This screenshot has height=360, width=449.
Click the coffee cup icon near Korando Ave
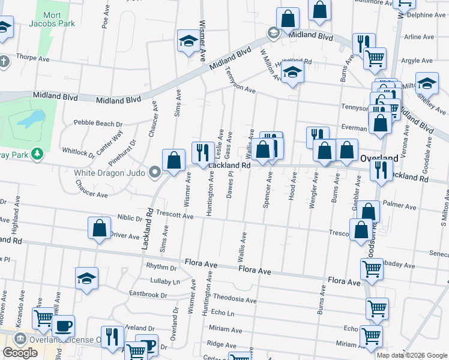[x=63, y=326]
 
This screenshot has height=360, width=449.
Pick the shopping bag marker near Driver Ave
[x=99, y=229]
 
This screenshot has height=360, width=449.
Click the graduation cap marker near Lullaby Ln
[x=87, y=278]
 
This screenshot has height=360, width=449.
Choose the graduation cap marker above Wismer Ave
[x=188, y=42]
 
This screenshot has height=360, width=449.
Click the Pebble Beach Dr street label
[x=98, y=123]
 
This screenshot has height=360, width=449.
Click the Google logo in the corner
[x=20, y=353]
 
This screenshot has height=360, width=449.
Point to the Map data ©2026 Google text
[x=412, y=355]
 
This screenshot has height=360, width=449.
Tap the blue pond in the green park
[x=31, y=119]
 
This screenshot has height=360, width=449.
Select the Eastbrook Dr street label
[x=148, y=294]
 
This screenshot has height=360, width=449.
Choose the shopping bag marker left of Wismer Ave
[x=173, y=160]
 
